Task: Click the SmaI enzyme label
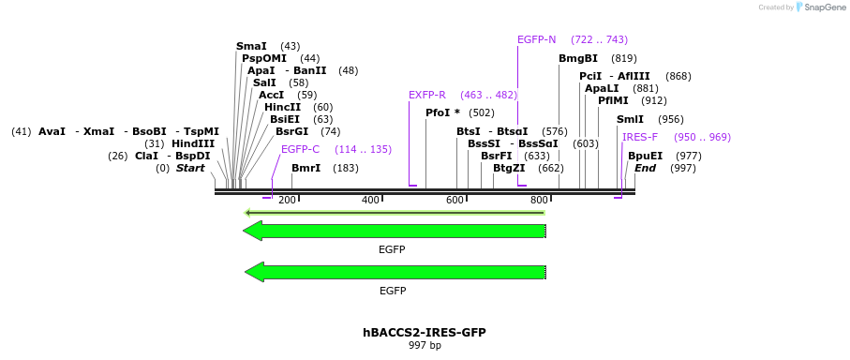251,46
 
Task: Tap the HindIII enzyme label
193,143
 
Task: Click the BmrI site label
306,168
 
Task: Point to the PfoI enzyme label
442,112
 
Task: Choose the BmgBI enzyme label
578,58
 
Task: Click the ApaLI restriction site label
602,88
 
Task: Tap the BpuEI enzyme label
645,156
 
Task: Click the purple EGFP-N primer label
537,39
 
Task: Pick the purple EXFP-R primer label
427,95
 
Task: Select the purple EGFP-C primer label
300,149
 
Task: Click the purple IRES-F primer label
640,137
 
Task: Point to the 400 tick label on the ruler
371,201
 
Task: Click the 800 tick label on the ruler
539,201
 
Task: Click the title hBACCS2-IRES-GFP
425,332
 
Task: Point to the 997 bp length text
425,346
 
